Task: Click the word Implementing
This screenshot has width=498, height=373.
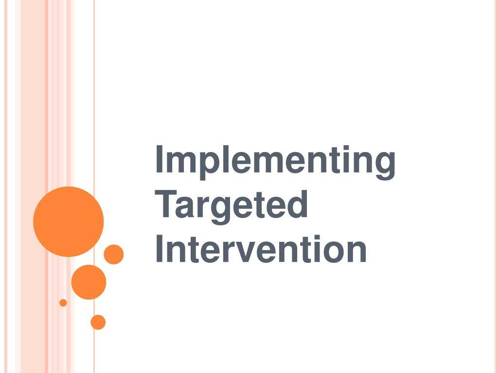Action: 275,162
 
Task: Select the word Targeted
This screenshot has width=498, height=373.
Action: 231,206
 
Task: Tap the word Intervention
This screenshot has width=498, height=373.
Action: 261,249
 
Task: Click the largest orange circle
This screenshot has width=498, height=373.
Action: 68,221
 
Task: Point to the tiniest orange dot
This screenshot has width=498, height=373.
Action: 63,303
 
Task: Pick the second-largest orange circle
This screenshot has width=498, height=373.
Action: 89,282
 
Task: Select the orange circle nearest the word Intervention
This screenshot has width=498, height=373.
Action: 114,254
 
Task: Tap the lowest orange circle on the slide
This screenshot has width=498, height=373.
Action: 98,322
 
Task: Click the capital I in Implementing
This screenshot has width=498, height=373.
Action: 159,159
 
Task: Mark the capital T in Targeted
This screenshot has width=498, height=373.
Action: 165,204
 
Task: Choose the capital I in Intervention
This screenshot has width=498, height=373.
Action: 159,249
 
